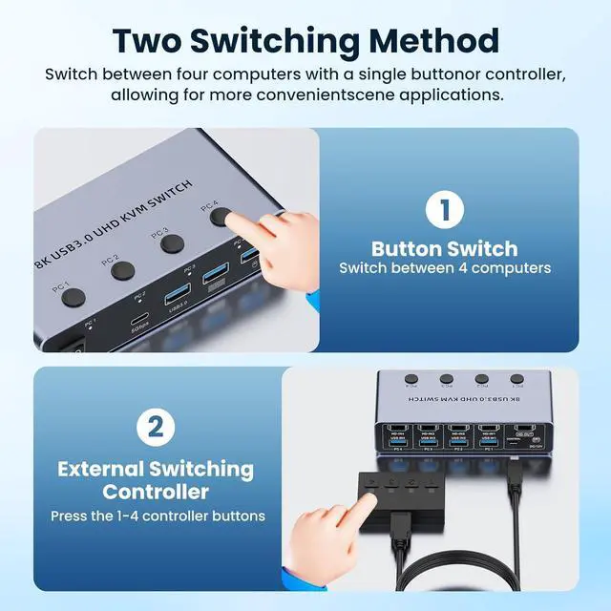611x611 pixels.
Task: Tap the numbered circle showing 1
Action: (444, 212)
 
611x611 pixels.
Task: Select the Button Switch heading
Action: (444, 247)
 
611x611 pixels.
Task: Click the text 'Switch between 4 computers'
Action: (444, 268)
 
